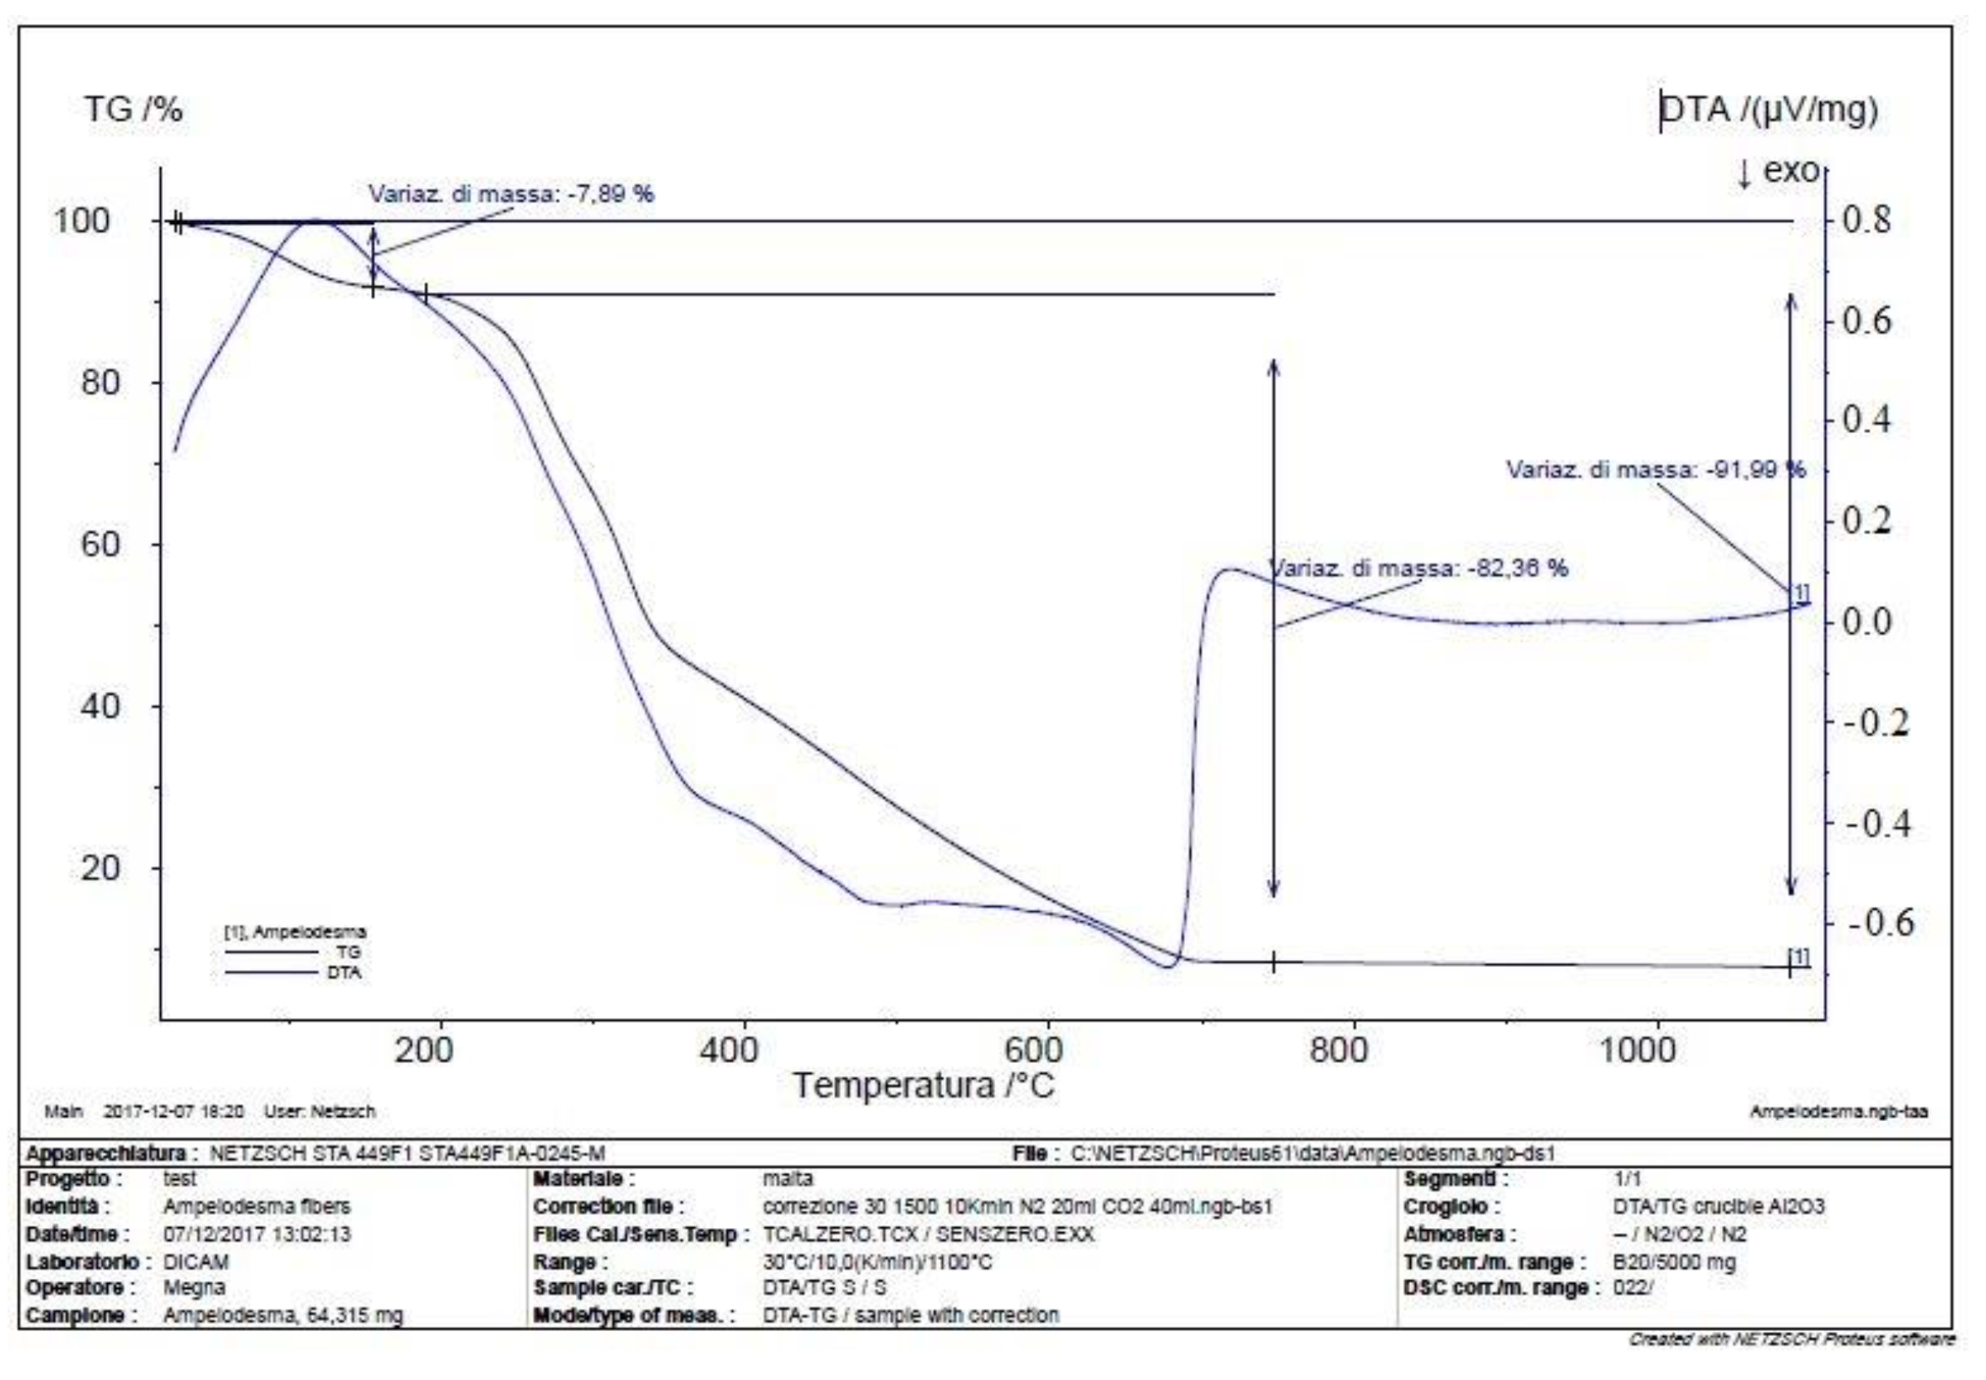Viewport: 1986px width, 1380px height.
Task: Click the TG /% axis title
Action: [x=133, y=110]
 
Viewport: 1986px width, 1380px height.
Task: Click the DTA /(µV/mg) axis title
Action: [x=1768, y=110]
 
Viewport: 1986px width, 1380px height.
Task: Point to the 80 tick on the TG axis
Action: [x=100, y=383]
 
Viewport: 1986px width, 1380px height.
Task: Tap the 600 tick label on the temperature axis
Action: [x=1032, y=1050]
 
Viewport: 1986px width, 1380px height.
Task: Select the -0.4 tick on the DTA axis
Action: [x=1877, y=823]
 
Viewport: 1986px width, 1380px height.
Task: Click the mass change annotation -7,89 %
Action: [x=511, y=193]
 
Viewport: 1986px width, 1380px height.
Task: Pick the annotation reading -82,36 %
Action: [x=1418, y=568]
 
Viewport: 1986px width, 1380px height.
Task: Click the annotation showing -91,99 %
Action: [x=1656, y=470]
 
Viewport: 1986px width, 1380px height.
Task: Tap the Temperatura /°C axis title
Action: [x=924, y=1086]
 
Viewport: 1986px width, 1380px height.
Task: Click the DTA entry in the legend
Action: [x=344, y=973]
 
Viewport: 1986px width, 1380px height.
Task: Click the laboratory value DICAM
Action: [x=195, y=1261]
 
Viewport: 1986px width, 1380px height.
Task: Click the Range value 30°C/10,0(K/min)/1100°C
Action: [x=876, y=1261]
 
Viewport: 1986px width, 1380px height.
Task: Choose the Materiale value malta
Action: [x=788, y=1178]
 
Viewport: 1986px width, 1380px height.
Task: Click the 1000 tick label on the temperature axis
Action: [x=1637, y=1050]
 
